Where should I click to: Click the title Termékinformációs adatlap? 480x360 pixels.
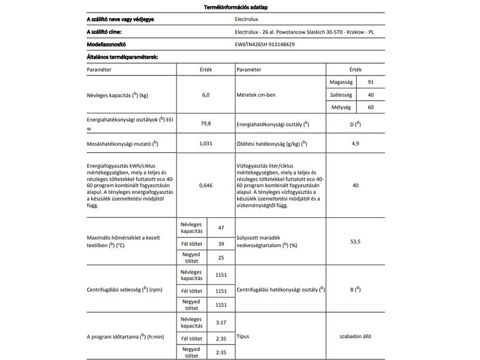[x=239, y=6]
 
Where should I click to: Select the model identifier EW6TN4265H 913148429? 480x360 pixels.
[x=265, y=44]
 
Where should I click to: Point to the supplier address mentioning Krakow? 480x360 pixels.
[x=307, y=32]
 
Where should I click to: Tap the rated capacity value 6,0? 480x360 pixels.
[x=206, y=95]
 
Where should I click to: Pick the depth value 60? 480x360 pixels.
[x=371, y=107]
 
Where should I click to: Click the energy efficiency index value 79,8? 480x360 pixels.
[x=206, y=124]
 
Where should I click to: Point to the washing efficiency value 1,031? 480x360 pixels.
[x=206, y=144]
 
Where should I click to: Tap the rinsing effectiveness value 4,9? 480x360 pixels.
[x=356, y=144]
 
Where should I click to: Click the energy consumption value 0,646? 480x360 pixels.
[x=206, y=186]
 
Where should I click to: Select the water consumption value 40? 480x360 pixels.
[x=356, y=186]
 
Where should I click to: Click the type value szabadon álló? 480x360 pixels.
[x=356, y=337]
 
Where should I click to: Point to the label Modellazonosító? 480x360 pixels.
[x=107, y=44]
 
